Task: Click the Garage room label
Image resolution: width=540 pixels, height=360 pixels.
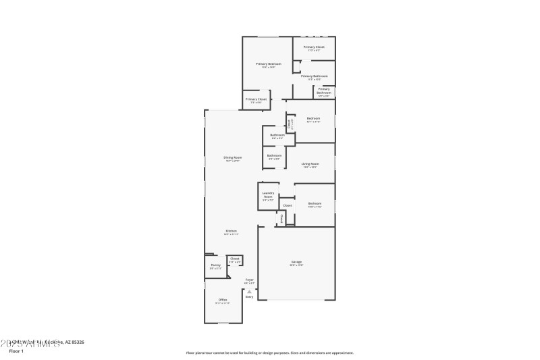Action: coord(297,262)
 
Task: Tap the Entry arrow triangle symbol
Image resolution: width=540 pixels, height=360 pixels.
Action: coord(249,291)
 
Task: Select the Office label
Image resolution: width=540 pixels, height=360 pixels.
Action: coord(223,299)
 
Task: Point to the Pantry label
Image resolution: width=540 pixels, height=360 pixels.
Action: coord(215,265)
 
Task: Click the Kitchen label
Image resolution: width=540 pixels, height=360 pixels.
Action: coord(231,231)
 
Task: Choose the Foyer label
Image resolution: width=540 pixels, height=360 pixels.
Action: coord(249,280)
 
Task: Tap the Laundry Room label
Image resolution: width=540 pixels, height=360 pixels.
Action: coord(268,195)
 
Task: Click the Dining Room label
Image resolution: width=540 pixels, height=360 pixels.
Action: coord(233,157)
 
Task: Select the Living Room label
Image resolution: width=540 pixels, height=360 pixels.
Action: coord(310,163)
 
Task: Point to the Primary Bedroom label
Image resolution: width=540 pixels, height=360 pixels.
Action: coord(268,63)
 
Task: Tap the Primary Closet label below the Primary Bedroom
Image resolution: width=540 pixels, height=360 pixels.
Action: coord(256,99)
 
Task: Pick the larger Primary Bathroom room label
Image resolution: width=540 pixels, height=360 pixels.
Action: coord(315,76)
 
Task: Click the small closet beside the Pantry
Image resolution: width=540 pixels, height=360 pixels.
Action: coord(234,259)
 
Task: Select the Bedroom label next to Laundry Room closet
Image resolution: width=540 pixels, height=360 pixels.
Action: coord(315,203)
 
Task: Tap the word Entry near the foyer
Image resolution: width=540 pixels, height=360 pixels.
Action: coord(249,297)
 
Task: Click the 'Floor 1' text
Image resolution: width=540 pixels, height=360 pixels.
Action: coord(16,351)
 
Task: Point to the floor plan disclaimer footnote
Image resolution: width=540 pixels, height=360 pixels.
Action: coord(269,353)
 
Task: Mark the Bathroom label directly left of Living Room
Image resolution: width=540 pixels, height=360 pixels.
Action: coord(274,156)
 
